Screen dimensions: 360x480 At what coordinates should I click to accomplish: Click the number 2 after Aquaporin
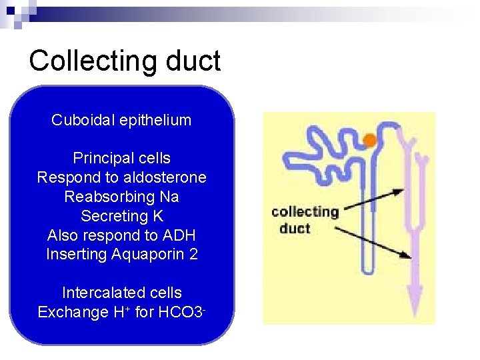193,255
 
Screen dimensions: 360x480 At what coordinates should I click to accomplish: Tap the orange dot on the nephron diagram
369,140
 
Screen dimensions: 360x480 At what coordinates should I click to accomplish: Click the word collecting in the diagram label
305,213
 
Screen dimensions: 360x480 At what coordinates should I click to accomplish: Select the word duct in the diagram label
295,229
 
